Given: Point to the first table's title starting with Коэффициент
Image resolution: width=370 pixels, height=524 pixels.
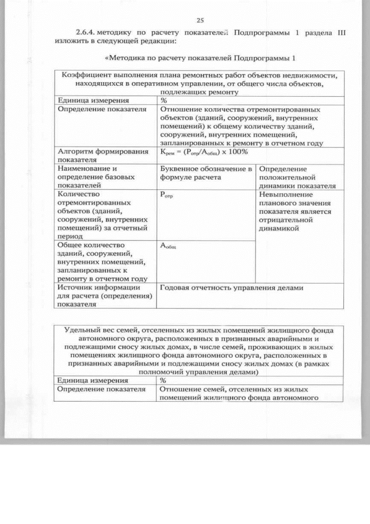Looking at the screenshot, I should (199, 83).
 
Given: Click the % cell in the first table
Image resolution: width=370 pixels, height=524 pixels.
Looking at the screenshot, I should (164, 100).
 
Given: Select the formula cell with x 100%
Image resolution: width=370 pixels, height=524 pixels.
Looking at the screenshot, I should (203, 152).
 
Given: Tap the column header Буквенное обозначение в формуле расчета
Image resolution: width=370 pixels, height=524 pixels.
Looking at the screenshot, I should (205, 173).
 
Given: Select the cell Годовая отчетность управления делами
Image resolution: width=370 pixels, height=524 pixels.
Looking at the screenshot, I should (231, 287).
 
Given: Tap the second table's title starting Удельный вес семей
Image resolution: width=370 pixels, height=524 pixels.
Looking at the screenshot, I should (199, 351).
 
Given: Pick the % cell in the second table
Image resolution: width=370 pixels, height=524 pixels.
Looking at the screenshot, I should (164, 380).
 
